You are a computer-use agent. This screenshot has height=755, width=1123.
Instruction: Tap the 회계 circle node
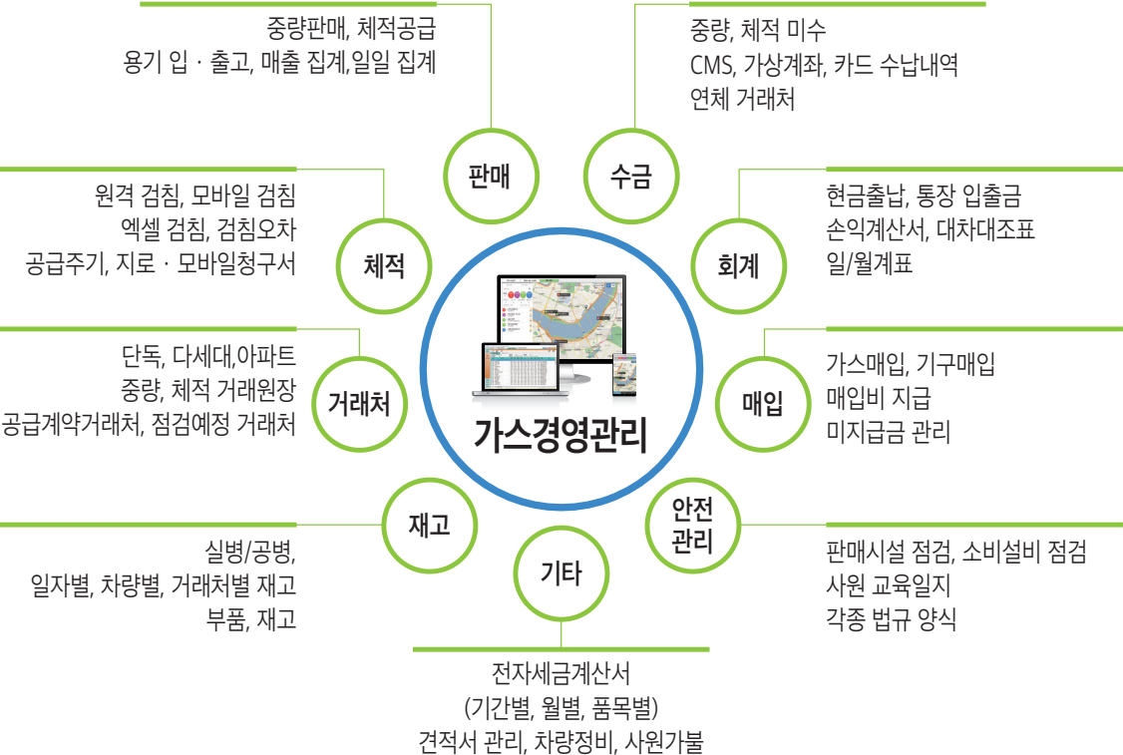(738, 265)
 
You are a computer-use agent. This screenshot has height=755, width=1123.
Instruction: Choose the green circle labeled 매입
(763, 403)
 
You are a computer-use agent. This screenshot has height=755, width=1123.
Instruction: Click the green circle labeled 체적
(384, 265)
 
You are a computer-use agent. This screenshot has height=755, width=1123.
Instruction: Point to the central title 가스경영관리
(561, 437)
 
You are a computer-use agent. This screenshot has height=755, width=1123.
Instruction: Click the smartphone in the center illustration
(623, 368)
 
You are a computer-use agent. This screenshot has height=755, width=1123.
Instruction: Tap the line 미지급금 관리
(888, 432)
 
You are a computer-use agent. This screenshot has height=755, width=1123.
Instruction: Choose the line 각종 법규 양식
(891, 619)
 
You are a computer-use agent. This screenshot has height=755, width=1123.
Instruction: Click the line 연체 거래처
(742, 100)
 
